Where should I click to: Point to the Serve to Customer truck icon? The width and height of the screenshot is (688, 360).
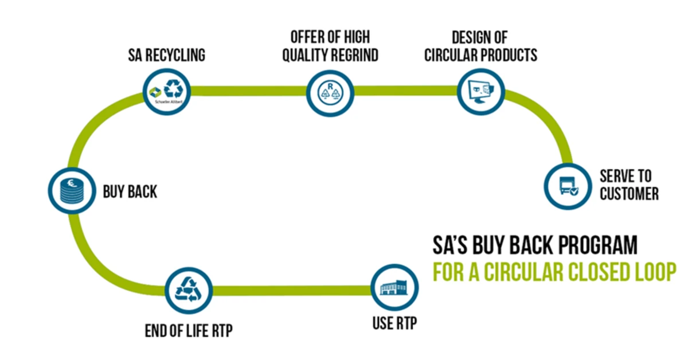point(566,186)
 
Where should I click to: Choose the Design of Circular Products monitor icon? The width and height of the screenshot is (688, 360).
point(480,91)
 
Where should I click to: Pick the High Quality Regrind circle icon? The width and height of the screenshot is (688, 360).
point(330,91)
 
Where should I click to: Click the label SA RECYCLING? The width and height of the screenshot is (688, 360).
point(166,56)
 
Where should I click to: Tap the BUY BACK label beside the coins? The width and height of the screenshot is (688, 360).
point(130,191)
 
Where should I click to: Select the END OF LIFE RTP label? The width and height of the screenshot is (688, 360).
point(189,331)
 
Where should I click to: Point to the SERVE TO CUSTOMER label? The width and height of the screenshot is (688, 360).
point(629,185)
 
